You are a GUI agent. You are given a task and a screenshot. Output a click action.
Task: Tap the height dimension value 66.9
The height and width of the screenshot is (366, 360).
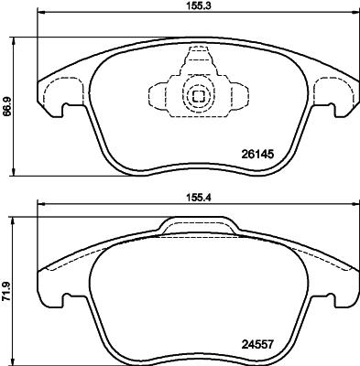click(7, 106)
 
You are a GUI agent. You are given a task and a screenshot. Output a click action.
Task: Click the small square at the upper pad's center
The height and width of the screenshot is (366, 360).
click(196, 93)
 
